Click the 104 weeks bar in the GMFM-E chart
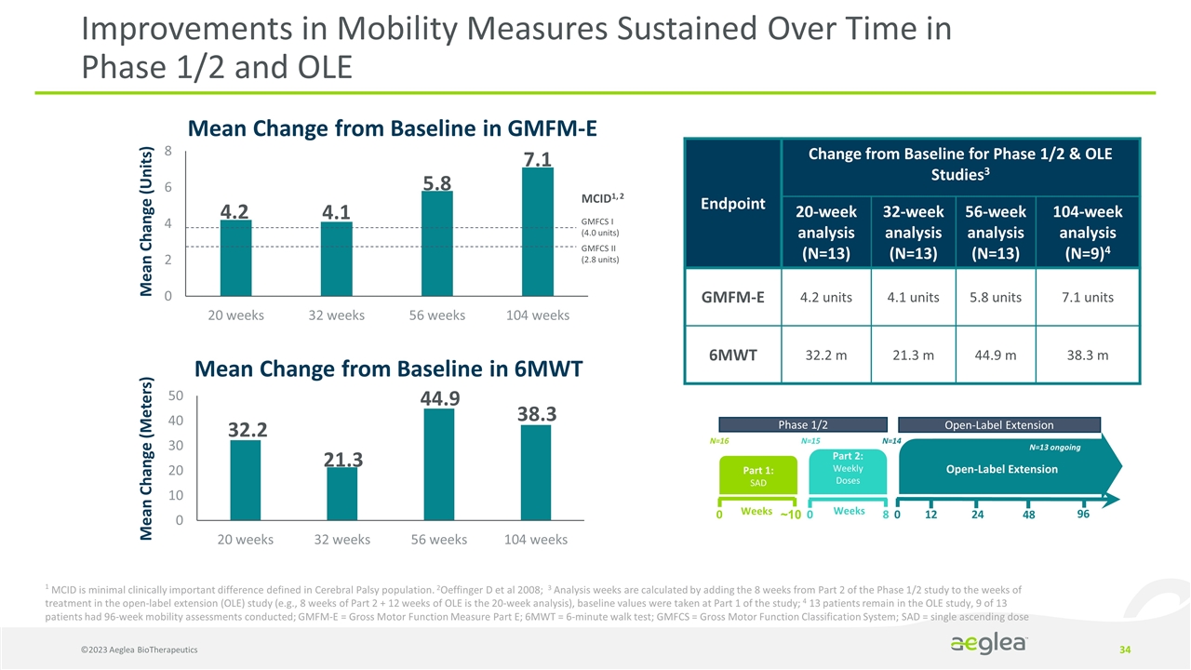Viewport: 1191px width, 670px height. point(538,232)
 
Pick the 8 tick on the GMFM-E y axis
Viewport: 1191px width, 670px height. point(167,151)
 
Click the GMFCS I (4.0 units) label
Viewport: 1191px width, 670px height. point(600,226)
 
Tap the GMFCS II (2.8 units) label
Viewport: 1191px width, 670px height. point(600,254)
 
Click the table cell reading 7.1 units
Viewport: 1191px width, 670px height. point(1083,298)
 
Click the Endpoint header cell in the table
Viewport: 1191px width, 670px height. point(733,204)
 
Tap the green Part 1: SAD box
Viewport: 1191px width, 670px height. point(758,476)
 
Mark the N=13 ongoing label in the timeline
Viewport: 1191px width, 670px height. point(1054,448)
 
